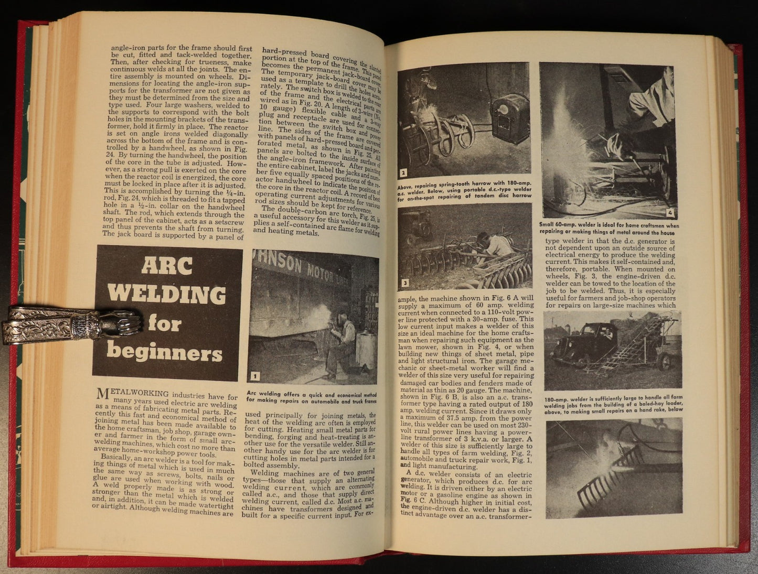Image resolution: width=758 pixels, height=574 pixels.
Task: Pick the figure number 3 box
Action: coord(405,284)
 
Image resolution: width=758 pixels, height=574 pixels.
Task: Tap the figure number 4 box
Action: coord(671,213)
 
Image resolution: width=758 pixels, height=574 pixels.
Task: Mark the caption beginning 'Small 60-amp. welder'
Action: coord(608,229)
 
